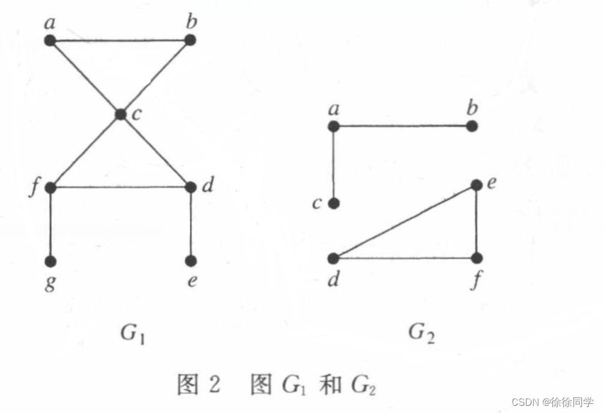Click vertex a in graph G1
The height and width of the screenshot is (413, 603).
click(50, 40)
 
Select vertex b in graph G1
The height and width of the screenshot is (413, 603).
click(190, 40)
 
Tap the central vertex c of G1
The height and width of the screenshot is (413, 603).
click(121, 114)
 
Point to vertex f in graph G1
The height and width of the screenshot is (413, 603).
click(50, 187)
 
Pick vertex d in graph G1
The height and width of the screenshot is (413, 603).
click(191, 187)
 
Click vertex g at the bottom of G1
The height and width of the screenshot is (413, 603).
click(50, 261)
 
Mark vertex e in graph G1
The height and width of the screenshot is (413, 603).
click(191, 261)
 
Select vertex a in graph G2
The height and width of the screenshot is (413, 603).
click(334, 126)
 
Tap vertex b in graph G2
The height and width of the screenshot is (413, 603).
click(472, 126)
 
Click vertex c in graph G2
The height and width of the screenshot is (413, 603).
click(334, 203)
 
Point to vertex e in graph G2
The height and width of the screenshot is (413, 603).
click(476, 185)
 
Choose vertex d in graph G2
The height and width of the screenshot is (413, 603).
click(334, 259)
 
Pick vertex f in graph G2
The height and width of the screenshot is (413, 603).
click(477, 259)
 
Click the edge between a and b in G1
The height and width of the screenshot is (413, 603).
click(120, 40)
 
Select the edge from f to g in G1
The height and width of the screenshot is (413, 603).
click(50, 224)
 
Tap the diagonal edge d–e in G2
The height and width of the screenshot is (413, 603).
click(405, 222)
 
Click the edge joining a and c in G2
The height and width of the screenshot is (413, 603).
click(334, 165)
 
